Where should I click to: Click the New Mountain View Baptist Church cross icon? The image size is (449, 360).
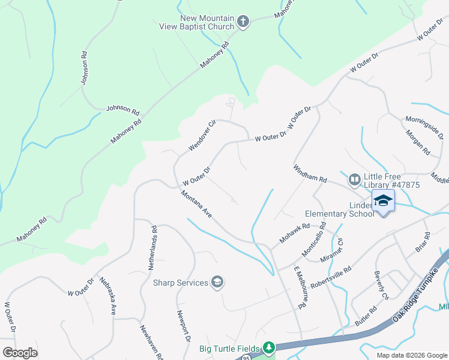coord(243,23)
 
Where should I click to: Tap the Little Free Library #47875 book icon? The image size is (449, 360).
coord(354,179)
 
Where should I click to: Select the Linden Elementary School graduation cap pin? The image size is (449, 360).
coord(383,200)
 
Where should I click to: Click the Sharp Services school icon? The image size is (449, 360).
coord(217,282)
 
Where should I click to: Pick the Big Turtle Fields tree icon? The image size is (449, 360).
coord(269,348)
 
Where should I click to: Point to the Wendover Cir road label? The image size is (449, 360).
coord(200,137)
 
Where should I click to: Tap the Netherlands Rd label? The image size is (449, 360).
coord(154,246)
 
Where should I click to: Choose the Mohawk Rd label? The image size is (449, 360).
coord(294,234)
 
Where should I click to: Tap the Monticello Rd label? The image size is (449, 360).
coord(315,239)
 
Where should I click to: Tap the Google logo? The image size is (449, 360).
coord(20,353)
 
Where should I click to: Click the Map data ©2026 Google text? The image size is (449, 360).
coord(412,355)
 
